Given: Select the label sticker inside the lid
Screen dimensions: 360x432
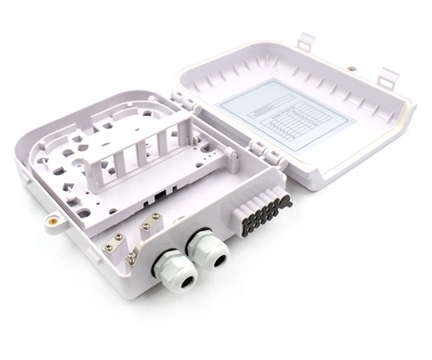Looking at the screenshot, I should pos(285,119).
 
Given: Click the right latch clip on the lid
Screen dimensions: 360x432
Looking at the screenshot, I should pos(387,76).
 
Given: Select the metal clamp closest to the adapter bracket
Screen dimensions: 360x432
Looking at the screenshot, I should pos(148,226).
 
